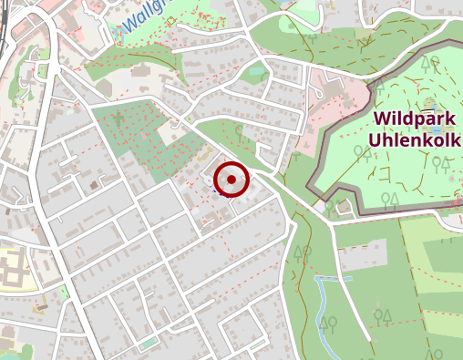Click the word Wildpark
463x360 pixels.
tap(416, 119)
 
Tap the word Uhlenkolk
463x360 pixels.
tap(416, 141)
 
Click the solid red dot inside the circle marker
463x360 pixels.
tap(231, 180)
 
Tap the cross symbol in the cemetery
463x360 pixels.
tap(119, 116)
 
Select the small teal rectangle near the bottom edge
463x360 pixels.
tap(148, 344)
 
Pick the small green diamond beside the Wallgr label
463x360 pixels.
tap(170, 20)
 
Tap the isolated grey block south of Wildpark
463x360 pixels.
tap(362, 256)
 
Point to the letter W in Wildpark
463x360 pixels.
tap(381, 119)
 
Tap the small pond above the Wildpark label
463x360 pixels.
tap(430, 101)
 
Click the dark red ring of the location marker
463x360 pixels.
tap(231, 163)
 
